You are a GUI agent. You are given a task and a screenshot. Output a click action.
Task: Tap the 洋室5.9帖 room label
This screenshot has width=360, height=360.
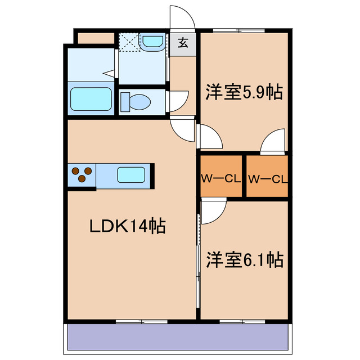(x=244, y=91)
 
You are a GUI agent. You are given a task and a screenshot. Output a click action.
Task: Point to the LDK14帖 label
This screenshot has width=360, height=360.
(x=128, y=226)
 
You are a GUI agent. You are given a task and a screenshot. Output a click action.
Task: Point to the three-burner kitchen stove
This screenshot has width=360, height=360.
(x=82, y=175)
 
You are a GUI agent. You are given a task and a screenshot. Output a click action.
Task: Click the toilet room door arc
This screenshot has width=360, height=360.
(x=178, y=101)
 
